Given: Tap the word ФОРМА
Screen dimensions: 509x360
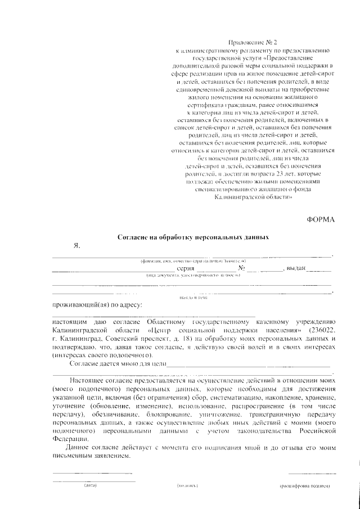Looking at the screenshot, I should tap(321, 220).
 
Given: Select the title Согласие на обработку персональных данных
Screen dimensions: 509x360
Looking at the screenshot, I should tap(193, 237).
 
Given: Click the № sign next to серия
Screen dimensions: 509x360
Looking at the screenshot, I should tap(242, 268).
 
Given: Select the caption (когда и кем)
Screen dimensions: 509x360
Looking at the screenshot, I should tap(191, 297).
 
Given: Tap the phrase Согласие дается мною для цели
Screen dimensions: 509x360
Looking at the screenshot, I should tap(118, 364).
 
